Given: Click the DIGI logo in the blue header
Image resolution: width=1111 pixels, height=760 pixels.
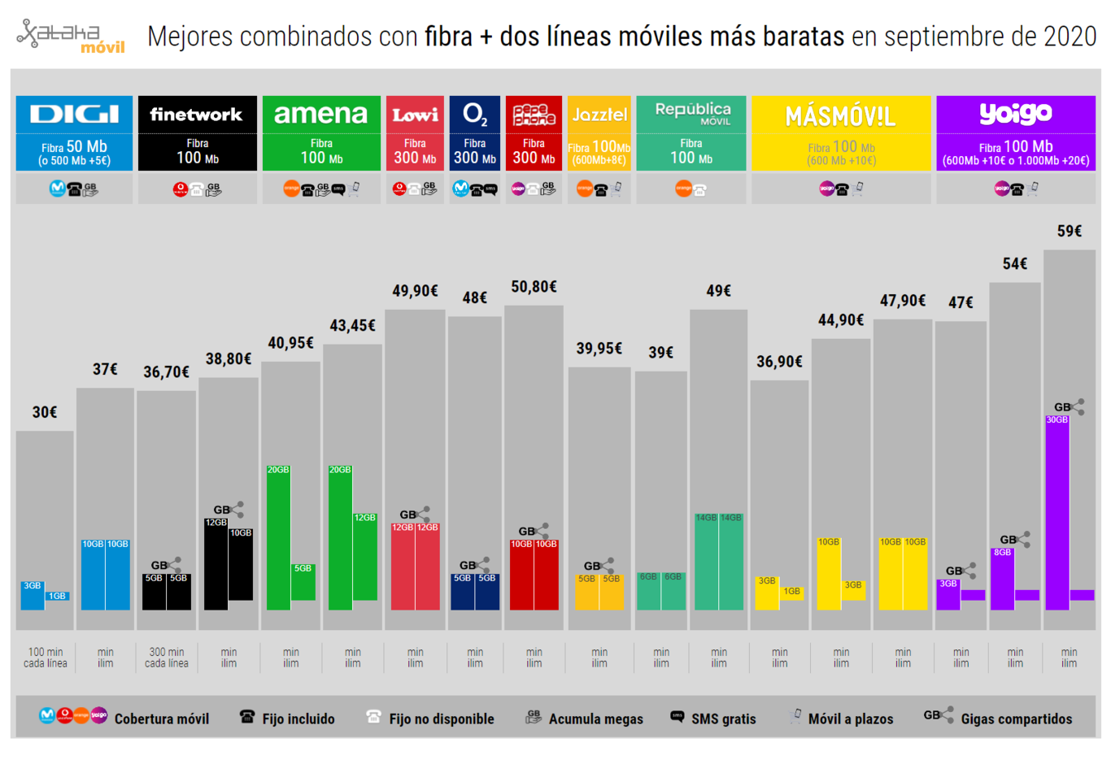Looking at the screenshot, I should [74, 114].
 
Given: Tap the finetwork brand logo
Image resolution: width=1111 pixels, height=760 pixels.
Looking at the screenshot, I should [197, 115].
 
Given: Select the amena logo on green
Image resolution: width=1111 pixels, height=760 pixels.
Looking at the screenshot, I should [320, 114].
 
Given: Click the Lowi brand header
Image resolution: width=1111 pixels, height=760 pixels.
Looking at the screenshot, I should [415, 115].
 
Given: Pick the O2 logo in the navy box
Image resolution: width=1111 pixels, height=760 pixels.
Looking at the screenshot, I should [474, 115].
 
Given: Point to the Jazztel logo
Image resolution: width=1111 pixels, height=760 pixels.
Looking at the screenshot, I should [599, 115].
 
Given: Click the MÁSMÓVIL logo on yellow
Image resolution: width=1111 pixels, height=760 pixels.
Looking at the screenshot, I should [840, 117].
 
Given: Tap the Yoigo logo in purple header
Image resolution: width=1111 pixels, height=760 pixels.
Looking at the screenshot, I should [1015, 113].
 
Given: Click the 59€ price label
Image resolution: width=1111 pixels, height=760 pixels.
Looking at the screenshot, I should [1069, 231].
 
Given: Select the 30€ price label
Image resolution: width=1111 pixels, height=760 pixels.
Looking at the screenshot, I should [45, 412].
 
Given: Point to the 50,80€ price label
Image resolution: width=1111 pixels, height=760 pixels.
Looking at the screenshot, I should [534, 286].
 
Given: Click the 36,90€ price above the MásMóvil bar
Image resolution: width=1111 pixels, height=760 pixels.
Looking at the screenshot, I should [779, 361].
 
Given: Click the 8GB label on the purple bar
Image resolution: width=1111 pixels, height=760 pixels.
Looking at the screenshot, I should [1002, 552].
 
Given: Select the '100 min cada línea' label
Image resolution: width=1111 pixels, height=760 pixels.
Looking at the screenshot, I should [46, 658].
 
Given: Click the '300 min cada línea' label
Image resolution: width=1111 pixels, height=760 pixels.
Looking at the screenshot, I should [167, 658].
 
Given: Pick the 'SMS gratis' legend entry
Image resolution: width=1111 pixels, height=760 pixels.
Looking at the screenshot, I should [723, 719].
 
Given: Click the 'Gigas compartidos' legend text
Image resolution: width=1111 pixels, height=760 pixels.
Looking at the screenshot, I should [1016, 719].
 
